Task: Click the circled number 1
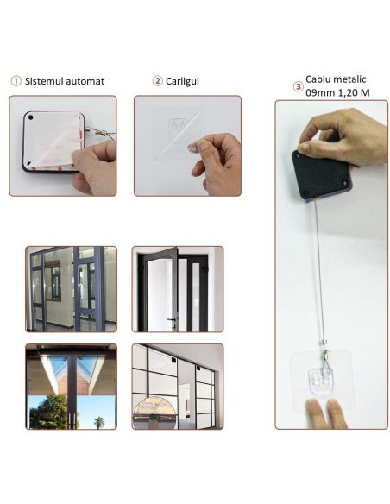16,80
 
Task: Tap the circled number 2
157,80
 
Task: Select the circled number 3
299,86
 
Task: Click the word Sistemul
43,81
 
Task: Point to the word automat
84,81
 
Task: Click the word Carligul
182,81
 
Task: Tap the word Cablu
318,79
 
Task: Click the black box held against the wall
322,175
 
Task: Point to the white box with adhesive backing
53,142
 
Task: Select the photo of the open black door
178,289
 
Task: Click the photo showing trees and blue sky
72,387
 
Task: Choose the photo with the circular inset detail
178,387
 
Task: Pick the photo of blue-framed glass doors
72,289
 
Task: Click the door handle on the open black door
173,320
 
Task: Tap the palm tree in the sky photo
99,422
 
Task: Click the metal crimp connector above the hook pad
325,354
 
